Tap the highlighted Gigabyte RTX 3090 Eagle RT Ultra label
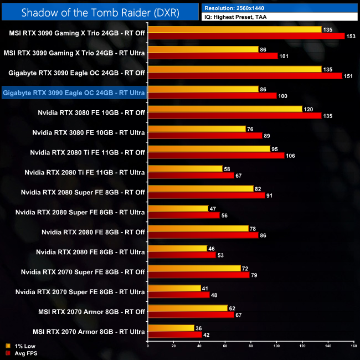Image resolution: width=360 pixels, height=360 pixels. tap(74, 93)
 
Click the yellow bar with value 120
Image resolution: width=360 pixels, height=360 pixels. tap(225, 109)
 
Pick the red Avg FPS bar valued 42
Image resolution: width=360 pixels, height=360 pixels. tap(175, 335)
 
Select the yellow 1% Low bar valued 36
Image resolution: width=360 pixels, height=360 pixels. tap(171, 328)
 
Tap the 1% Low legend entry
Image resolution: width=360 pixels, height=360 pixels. tap(20, 346)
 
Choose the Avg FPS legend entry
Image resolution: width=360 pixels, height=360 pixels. tap(22, 353)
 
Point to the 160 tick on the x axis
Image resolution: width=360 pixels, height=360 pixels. tap(353, 347)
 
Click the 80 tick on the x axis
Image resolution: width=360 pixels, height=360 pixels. tap(250, 347)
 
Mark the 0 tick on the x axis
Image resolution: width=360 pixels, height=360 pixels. tap(148, 347)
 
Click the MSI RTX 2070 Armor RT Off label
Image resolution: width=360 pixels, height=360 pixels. tap(89, 312)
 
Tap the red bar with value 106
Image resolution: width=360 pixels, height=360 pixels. tap(216, 156)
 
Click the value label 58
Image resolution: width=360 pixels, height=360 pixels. tap(227, 168)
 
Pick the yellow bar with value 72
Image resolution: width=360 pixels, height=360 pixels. tap(194, 268)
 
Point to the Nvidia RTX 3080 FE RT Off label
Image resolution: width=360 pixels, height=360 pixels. tap(91, 113)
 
